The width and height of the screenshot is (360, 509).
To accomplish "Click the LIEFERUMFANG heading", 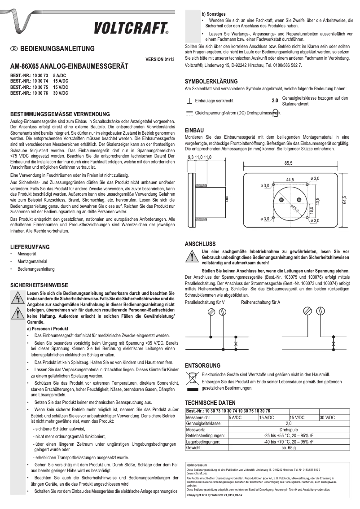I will coord(30,247).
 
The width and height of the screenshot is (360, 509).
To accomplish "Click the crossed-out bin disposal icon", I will coord(192,377).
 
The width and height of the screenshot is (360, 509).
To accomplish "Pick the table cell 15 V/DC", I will coord(299,417).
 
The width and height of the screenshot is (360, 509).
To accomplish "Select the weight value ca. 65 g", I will coord(289,448).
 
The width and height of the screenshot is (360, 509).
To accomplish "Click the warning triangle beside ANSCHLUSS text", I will coord(192,258).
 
